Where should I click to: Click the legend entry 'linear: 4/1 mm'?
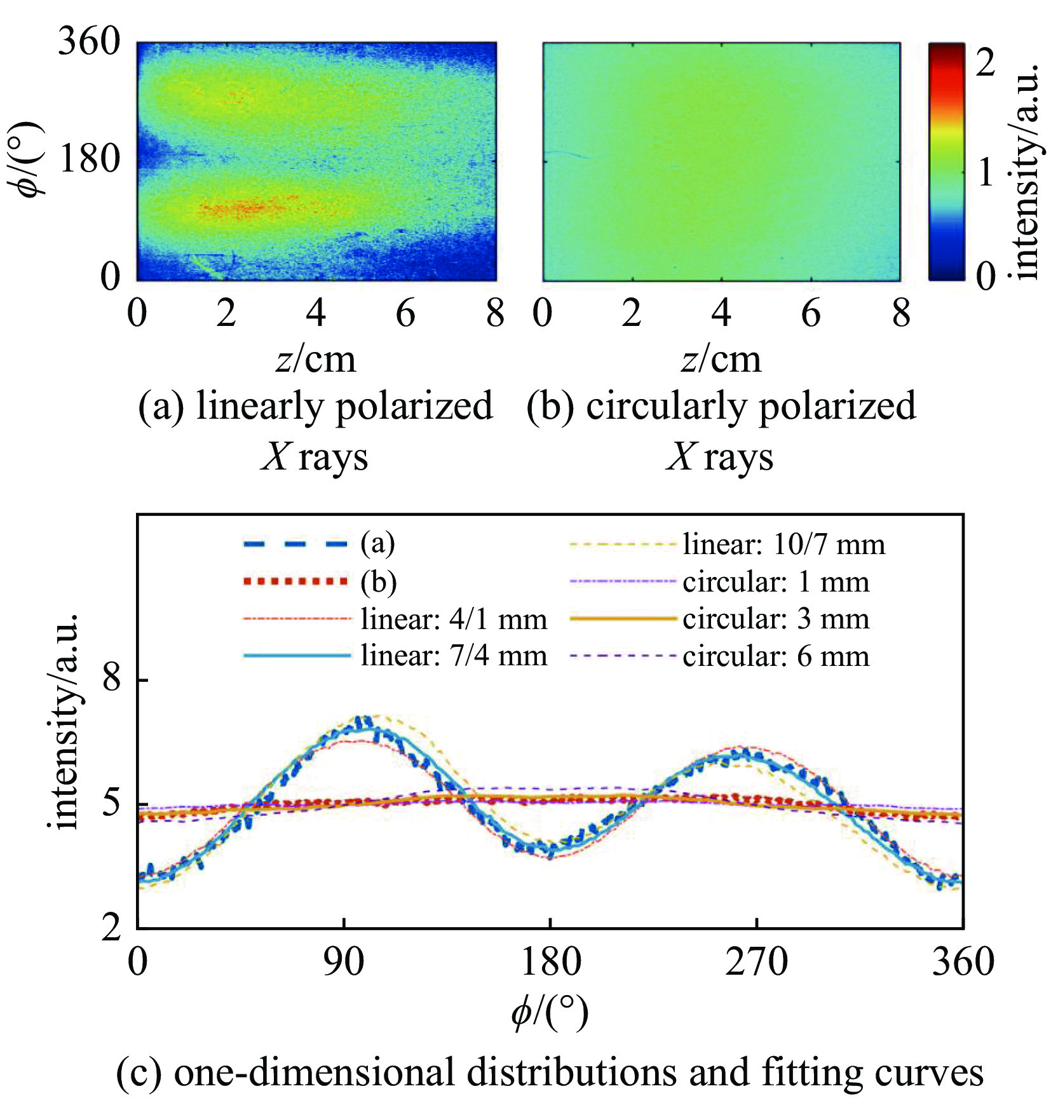(x=454, y=619)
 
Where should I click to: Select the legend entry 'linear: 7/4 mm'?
(x=454, y=655)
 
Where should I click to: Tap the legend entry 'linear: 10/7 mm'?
(x=783, y=545)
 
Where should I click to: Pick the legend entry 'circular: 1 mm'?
(x=776, y=582)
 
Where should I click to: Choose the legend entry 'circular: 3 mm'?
(x=776, y=619)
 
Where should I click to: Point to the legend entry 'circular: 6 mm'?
(x=776, y=656)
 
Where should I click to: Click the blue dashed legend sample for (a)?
(x=295, y=544)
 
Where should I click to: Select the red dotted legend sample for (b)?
(x=295, y=581)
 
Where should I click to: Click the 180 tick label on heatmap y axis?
(x=90, y=159)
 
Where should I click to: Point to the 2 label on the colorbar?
(x=985, y=63)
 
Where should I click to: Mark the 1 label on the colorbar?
(x=985, y=172)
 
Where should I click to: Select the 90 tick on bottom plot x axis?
(x=344, y=961)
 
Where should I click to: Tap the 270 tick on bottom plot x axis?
(x=756, y=961)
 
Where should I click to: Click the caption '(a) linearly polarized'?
(x=315, y=406)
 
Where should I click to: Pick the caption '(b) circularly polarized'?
(x=721, y=406)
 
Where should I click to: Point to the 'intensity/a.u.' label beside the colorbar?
(x=1026, y=172)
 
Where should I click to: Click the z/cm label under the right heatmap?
(x=721, y=360)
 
